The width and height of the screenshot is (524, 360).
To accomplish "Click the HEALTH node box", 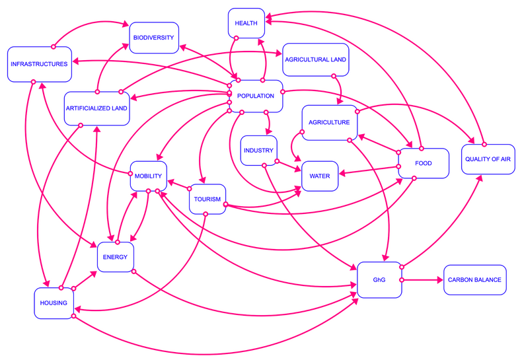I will point(246,24).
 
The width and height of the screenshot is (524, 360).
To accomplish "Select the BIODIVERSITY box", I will point(153,38).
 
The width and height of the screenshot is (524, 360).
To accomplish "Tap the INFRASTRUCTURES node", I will point(38,64).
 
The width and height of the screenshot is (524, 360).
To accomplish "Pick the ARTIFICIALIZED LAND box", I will point(97,107).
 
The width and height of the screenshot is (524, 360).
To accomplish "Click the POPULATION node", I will point(255,96).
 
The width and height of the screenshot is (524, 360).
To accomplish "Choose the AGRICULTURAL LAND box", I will point(315,59).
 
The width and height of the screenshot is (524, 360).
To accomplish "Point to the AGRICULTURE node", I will point(329,122).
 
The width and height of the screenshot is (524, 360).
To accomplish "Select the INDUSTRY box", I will point(258,151).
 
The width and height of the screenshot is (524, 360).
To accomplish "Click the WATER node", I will point(320,176).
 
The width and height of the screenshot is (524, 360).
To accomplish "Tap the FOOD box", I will point(424,163).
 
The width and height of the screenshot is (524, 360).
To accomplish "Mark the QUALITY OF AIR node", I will point(488,159).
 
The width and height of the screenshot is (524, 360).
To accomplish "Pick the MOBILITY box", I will point(148,176).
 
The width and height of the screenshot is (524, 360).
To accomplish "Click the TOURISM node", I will point(207,199).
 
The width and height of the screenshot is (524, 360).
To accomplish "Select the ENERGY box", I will point(116,256).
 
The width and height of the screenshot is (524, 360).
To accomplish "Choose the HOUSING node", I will point(54,303).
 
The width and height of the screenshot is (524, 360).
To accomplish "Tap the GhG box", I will point(379,280).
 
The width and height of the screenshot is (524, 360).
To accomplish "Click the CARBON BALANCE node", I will point(474,279).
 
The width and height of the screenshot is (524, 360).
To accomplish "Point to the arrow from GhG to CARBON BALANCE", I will point(423,280).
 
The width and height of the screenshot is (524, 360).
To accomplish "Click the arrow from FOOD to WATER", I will point(370,173).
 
